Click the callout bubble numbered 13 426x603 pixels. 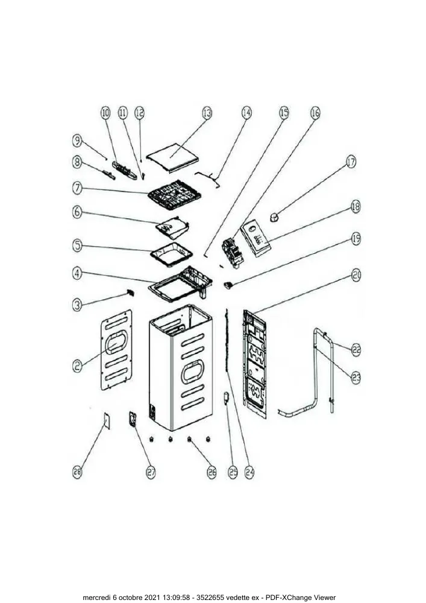pos(207,113)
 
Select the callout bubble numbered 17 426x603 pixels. pos(351,162)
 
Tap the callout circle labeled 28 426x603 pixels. pos(77,472)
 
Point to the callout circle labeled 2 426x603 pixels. pos(78,365)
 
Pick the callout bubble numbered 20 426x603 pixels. pos(356,275)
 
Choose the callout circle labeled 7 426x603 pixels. pos(77,188)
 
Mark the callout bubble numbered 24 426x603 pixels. pos(249,472)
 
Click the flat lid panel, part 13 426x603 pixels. pos(174,157)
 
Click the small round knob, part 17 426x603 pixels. pos(275,217)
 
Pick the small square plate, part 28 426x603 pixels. pos(107,421)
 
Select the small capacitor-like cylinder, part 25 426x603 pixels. pos(226,397)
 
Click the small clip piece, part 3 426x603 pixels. pos(130,293)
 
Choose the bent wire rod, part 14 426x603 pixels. pos(208,180)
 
